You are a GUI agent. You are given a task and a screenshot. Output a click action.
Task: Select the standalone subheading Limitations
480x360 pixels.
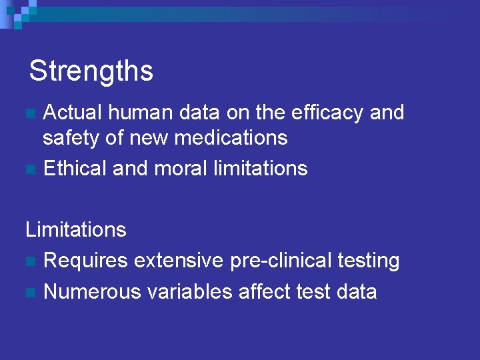pyautogui.click(x=76, y=230)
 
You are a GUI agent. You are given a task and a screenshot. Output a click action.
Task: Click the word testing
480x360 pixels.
pyautogui.click(x=369, y=261)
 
